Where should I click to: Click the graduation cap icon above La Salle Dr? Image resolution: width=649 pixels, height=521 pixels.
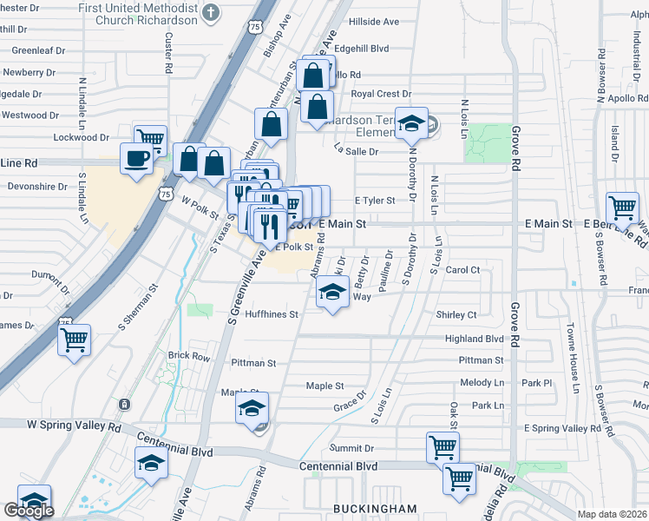[x=412, y=123]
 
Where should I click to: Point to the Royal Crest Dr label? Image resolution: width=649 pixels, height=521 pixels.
[x=381, y=94]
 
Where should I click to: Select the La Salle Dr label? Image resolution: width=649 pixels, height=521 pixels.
[x=357, y=151]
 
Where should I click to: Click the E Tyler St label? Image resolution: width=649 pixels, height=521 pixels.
[x=375, y=201]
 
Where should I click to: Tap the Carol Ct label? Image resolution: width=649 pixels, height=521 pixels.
[x=462, y=270]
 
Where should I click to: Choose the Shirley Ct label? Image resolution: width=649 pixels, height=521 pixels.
[x=460, y=315]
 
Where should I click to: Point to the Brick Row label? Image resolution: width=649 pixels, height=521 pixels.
[x=189, y=356]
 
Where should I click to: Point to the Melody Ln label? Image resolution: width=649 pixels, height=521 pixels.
[x=482, y=382]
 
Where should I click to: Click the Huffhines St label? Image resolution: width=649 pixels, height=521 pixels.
[x=272, y=314]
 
